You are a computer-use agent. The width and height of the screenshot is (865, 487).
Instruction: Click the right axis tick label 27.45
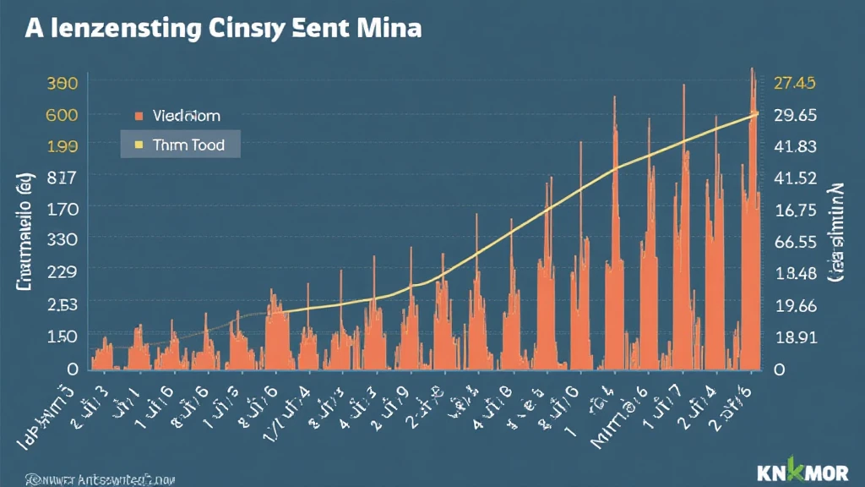pyautogui.click(x=794, y=83)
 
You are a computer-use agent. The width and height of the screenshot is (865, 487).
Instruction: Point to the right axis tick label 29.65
pyautogui.click(x=795, y=114)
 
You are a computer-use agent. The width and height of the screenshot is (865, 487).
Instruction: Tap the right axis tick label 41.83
pyautogui.click(x=795, y=145)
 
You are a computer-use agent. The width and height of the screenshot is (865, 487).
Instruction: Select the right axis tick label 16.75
pyautogui.click(x=795, y=210)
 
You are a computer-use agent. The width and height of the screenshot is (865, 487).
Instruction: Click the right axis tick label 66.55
pyautogui.click(x=795, y=242)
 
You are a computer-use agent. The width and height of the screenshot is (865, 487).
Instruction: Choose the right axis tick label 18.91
pyautogui.click(x=795, y=337)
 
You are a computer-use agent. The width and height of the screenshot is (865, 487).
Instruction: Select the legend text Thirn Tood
pyautogui.click(x=190, y=145)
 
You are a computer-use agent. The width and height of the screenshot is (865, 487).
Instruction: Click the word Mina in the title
pyautogui.click(x=385, y=28)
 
